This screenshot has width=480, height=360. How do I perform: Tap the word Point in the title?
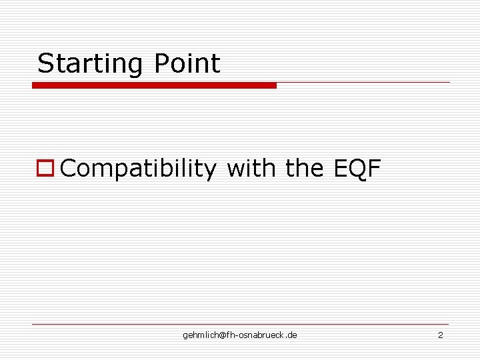click(187, 64)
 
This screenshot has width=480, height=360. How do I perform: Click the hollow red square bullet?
click(45, 169)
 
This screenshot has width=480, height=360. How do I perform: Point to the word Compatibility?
click(138, 169)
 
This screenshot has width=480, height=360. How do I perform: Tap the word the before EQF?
click(305, 169)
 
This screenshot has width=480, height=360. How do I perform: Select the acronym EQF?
click(357, 169)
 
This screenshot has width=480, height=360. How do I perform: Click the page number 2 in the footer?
click(440, 335)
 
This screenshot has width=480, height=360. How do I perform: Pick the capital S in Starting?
click(45, 64)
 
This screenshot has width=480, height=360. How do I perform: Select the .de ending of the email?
click(291, 335)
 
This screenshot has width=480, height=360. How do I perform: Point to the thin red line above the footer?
click(240, 325)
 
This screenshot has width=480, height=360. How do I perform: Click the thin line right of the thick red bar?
click(363, 83)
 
